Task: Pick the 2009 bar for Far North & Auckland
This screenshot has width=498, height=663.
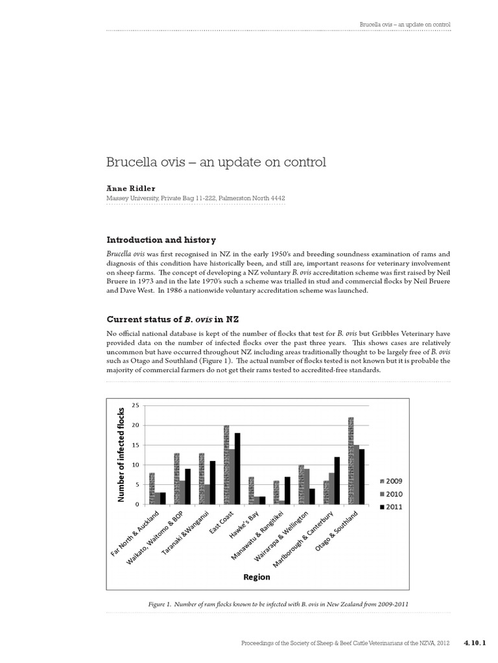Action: (x=152, y=489)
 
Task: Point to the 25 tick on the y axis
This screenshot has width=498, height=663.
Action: (x=136, y=406)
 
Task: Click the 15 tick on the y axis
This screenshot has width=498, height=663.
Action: (x=136, y=445)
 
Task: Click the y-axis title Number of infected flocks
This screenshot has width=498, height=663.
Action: (x=120, y=455)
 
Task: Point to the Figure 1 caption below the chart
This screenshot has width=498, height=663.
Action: (x=278, y=604)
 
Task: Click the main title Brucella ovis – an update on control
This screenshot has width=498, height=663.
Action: (x=216, y=161)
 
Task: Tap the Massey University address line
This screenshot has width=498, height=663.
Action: (x=195, y=198)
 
